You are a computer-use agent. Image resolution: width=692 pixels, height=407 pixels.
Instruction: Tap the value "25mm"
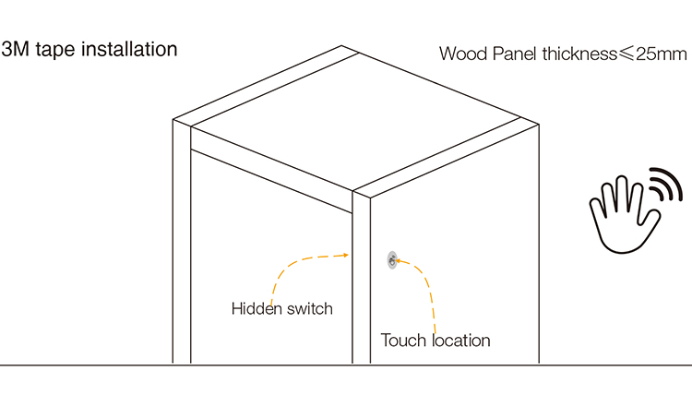coord(662,53)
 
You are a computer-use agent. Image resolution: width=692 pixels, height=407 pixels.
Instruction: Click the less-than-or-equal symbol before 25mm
coord(626,54)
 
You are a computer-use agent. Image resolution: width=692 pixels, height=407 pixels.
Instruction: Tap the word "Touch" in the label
coord(404,341)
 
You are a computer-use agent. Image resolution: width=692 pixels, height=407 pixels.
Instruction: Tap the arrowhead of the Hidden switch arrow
coord(343,255)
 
